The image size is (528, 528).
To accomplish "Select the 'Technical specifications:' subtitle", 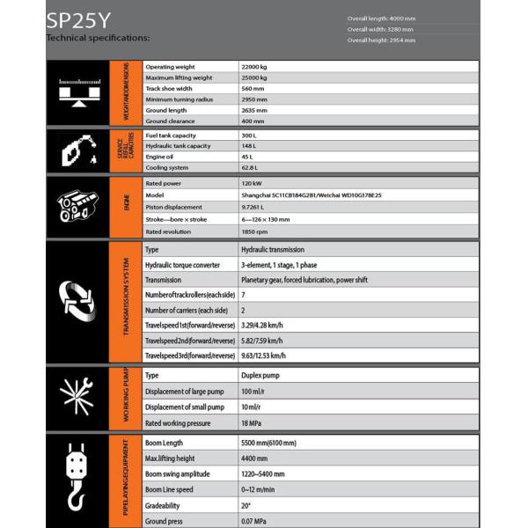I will coord(98,38).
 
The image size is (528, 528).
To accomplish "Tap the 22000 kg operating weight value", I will coord(254,67).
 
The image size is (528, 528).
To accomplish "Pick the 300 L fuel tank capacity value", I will coord(249,135).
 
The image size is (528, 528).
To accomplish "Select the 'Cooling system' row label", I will coord(167,167).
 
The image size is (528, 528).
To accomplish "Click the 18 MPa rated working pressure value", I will coord(252,423).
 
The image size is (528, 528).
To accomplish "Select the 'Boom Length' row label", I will coord(164,443).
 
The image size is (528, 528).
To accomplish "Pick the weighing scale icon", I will coord(76,92).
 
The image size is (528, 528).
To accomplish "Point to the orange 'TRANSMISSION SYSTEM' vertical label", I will coord(125,299).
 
